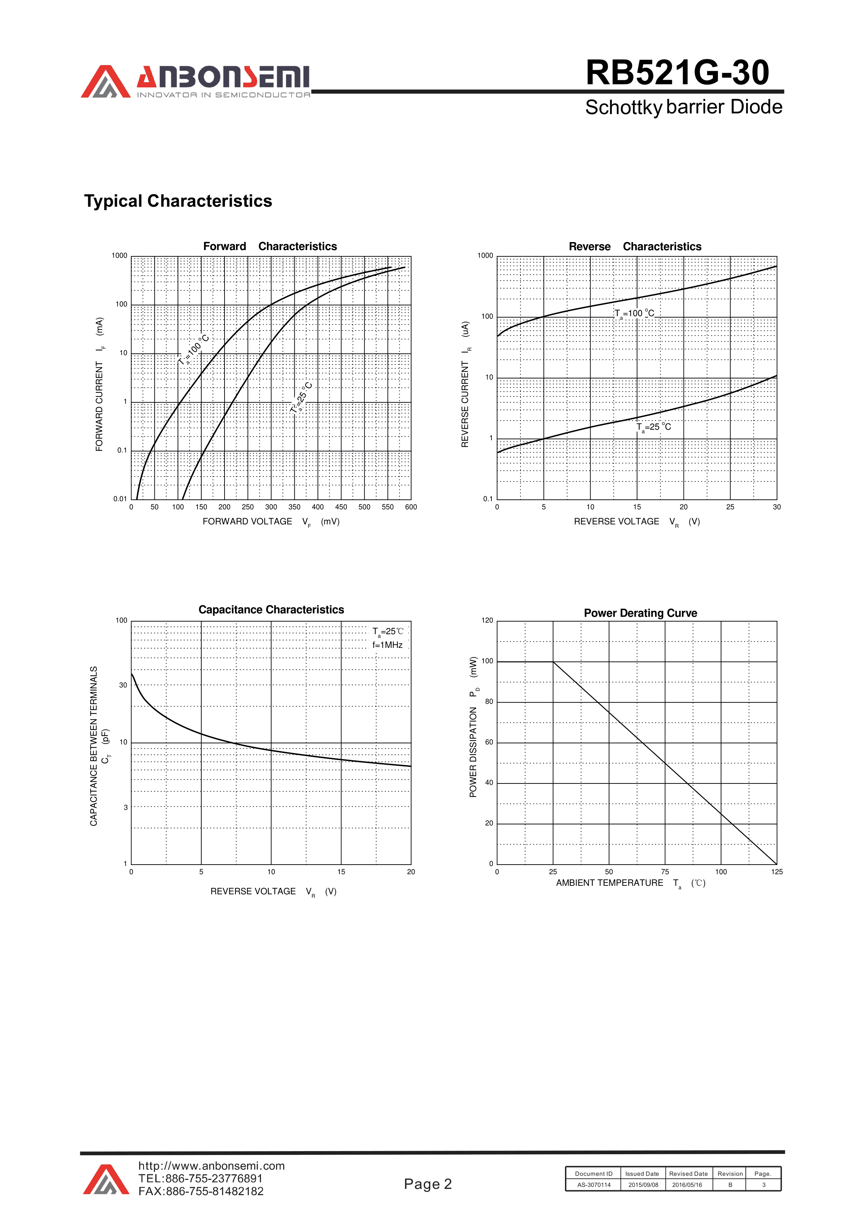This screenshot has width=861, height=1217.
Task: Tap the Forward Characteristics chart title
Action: click(270, 247)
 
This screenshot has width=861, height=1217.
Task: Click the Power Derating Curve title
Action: click(640, 613)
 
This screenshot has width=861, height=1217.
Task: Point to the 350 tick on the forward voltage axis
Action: click(294, 507)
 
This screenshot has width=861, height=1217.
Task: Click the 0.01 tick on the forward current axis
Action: click(120, 499)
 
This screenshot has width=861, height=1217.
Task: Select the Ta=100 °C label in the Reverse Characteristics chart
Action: click(634, 314)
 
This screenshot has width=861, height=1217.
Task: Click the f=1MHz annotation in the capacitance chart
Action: click(387, 645)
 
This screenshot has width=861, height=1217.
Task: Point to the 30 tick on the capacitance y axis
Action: click(123, 685)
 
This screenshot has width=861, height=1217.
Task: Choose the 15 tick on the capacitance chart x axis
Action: click(341, 872)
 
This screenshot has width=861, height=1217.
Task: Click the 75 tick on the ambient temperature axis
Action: click(665, 872)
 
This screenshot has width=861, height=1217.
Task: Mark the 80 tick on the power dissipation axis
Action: click(489, 702)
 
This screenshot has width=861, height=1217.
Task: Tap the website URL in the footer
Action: click(211, 1166)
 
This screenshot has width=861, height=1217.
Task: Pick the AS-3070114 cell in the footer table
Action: click(594, 1185)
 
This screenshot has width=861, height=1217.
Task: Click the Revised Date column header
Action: click(688, 1174)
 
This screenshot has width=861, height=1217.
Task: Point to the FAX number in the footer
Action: click(201, 1192)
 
